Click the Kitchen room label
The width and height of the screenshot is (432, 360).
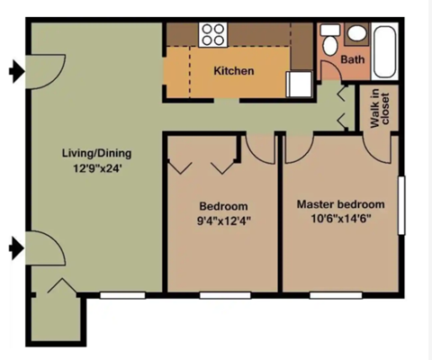click(x=233, y=70)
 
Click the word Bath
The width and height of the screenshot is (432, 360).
click(x=351, y=60)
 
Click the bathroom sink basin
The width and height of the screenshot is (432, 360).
click(x=356, y=34)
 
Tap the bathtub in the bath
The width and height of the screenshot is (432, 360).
click(x=385, y=52)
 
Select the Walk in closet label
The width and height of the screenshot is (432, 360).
click(x=381, y=108)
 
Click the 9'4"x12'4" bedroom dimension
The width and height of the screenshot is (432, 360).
click(x=222, y=220)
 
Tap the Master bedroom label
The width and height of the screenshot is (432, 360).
click(x=340, y=203)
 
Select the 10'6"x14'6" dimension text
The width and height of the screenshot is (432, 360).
click(x=340, y=218)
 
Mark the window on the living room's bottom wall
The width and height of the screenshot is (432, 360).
click(x=122, y=293)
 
